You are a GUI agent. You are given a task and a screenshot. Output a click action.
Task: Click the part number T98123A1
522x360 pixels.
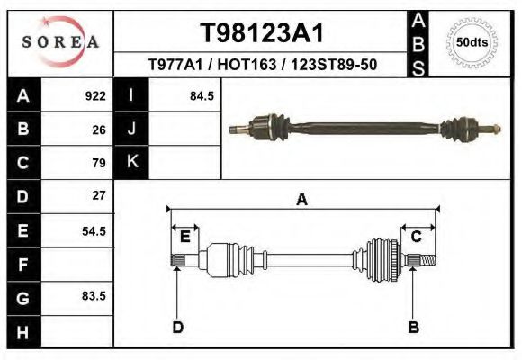click(261, 33)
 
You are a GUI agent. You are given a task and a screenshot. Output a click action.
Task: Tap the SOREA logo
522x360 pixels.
click(60, 41)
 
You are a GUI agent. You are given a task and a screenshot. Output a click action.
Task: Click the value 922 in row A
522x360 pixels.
click(95, 95)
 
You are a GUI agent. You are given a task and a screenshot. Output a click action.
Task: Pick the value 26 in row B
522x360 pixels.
click(99, 129)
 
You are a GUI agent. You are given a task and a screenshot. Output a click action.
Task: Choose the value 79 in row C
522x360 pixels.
click(99, 163)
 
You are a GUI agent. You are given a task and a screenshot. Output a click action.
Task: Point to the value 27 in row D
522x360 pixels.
click(99, 195)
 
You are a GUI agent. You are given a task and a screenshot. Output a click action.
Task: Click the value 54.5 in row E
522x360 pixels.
click(94, 230)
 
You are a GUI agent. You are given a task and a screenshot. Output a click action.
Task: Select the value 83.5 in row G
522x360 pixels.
click(94, 296)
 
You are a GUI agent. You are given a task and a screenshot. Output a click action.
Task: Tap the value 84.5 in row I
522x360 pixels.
click(202, 95)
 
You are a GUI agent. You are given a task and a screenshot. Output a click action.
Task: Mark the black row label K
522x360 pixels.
click(131, 162)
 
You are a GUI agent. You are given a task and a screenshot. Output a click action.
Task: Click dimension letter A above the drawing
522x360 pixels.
click(301, 201)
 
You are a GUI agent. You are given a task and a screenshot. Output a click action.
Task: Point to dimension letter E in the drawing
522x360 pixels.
click(185, 237)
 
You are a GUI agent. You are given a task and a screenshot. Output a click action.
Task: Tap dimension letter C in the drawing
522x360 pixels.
click(417, 237)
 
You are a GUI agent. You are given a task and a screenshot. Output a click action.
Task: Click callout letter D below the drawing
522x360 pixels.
click(177, 326)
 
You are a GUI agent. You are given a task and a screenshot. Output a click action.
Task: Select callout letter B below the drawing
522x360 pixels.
click(414, 326)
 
